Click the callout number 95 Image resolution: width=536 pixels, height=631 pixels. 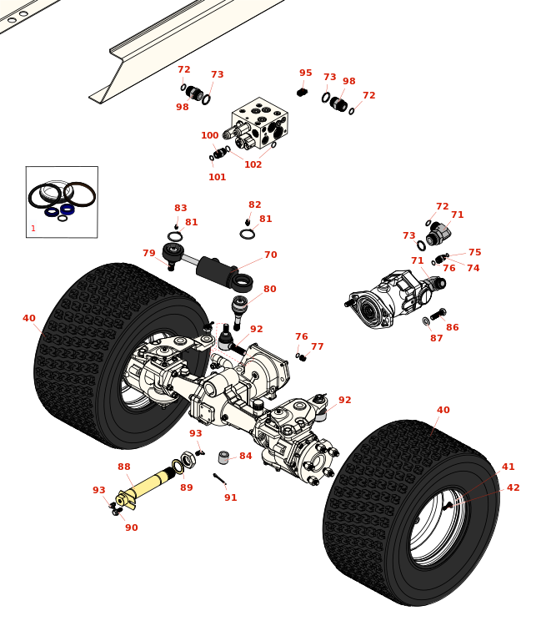coord(305,73)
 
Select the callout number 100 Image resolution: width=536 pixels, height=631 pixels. coord(209,136)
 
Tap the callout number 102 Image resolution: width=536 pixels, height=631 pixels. coord(253,164)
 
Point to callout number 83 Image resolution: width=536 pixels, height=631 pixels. coord(180,209)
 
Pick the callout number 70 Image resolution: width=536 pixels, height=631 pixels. coord(270,255)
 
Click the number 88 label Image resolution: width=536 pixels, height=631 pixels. coord(123,467)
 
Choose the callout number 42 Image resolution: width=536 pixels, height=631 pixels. coord(513,488)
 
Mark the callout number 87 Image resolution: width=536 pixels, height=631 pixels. coord(436,338)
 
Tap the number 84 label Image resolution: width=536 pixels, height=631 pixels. coord(245,457)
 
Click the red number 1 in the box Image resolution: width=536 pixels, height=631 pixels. coord(33,229)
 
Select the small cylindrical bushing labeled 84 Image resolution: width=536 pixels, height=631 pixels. coord(223,457)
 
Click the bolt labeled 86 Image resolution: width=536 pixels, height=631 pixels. coord(437,315)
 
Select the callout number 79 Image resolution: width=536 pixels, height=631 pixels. coord(148,254)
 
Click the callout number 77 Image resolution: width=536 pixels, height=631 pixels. coord(317,347)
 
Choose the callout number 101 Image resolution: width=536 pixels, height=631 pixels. coord(217,177)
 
